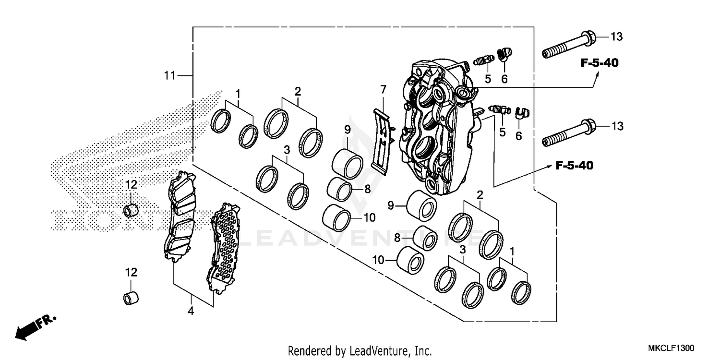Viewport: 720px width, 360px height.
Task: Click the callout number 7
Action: tap(383, 89)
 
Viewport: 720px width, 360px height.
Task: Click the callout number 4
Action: tap(191, 311)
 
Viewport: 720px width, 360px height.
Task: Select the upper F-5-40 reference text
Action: tap(599, 63)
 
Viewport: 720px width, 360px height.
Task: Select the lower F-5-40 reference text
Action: tap(574, 166)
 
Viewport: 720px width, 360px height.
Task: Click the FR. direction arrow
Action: tap(36, 327)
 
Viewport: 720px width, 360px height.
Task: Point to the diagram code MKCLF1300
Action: tap(671, 347)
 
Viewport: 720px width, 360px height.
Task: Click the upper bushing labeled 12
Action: tap(131, 211)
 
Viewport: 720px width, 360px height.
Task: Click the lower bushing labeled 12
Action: tap(130, 298)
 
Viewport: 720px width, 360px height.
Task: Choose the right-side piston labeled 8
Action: tap(425, 238)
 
